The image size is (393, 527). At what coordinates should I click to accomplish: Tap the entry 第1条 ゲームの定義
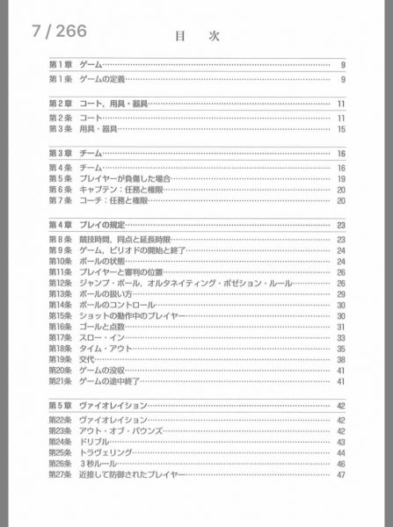coord(87,81)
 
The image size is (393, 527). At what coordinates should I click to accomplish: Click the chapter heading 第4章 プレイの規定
coord(87,226)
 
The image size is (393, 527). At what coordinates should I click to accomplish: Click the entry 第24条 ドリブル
coord(79,442)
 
